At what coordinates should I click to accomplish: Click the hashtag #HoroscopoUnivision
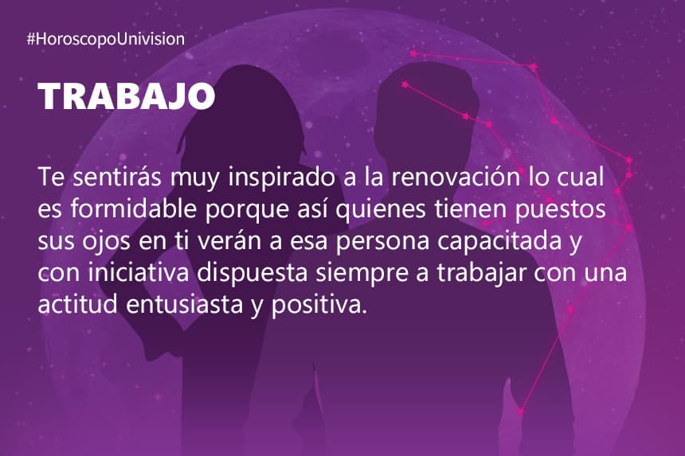[105, 39]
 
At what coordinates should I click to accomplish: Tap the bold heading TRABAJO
[127, 96]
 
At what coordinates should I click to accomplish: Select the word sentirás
[116, 177]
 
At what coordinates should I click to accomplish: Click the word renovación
[456, 177]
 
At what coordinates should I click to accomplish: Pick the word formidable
[133, 209]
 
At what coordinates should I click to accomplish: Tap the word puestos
[561, 210]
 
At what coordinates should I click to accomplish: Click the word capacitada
[499, 242]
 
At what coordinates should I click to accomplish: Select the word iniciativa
[139, 272]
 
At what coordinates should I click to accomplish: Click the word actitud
[78, 304]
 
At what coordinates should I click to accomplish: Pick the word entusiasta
[184, 304]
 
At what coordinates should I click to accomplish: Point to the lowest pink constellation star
[521, 411]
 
